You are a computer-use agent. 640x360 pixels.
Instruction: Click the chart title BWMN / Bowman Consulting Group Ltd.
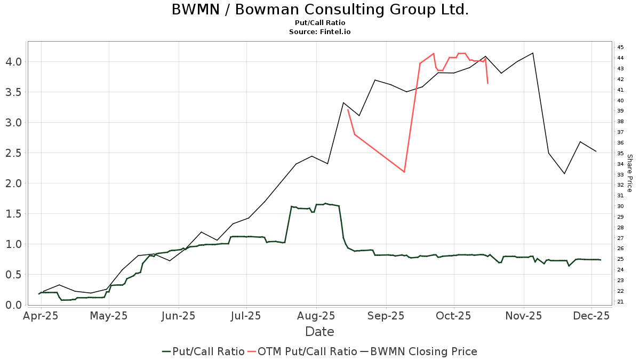coord(320,10)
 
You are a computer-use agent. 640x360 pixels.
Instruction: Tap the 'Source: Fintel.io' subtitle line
coord(320,32)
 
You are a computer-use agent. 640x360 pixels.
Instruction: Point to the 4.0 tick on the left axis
coord(13,62)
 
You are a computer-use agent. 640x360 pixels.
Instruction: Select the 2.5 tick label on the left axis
coord(13,153)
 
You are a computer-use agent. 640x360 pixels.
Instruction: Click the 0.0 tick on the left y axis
coord(13,305)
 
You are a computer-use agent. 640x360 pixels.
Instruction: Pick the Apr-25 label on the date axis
coord(40,316)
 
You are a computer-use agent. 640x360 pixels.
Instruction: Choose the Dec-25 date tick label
coord(591,316)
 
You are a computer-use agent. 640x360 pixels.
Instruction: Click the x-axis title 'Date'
coord(319,332)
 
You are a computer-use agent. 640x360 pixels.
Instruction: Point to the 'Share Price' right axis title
coord(629,173)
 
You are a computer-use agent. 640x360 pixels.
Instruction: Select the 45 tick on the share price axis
coord(620,47)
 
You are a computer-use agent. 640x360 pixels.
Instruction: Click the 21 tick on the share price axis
coord(620,302)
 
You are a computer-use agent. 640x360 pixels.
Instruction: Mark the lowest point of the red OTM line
coord(404,172)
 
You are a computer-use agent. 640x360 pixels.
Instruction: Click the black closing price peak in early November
coord(533,53)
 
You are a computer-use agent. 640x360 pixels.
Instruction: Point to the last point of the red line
coord(487,83)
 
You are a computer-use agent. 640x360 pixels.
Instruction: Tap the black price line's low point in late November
coord(564,173)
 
